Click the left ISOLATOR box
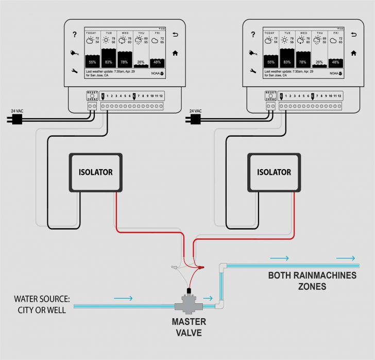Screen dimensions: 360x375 coord(95,172)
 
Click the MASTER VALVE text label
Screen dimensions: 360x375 coord(189,327)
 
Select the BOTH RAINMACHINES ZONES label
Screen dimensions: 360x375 coord(312,281)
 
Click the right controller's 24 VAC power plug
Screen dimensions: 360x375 coord(195,119)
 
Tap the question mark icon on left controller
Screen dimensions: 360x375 coord(75,35)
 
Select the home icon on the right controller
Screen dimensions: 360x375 coord(353,53)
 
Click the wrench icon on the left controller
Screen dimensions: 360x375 coord(75,71)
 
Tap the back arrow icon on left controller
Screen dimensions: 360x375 coord(175,35)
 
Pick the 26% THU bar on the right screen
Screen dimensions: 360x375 coord(319,63)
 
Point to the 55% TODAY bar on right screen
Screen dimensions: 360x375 coord(270,61)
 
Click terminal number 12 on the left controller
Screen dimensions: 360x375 coord(161,96)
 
